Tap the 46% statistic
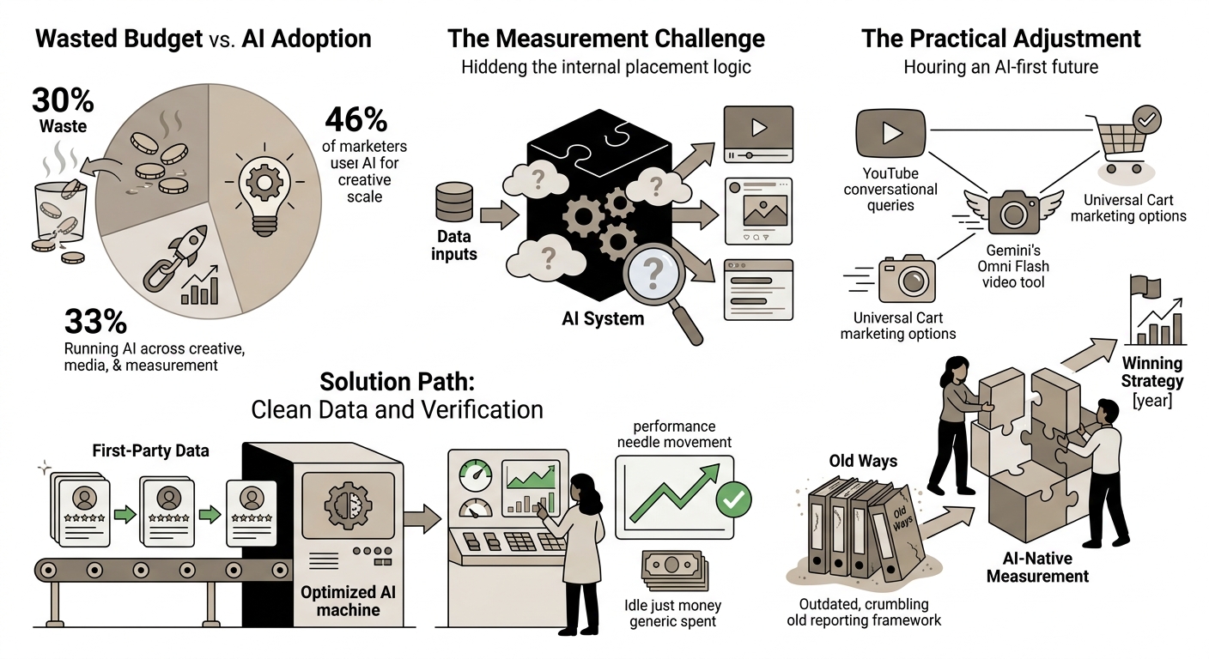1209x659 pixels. pyautogui.click(x=356, y=120)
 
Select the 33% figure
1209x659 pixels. pyautogui.click(x=95, y=322)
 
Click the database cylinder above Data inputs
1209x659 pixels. pyautogui.click(x=454, y=202)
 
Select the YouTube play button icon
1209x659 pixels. pyautogui.click(x=890, y=133)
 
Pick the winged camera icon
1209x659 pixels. pyautogui.click(x=1013, y=211)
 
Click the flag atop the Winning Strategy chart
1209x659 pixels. pyautogui.click(x=1145, y=286)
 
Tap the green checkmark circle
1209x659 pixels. pyautogui.click(x=733, y=499)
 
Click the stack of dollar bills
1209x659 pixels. pyautogui.click(x=674, y=570)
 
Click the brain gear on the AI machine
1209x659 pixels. pyautogui.click(x=349, y=505)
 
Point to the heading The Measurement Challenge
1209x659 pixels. pyautogui.click(x=605, y=39)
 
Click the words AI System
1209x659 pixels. pyautogui.click(x=603, y=318)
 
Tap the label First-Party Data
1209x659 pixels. pyautogui.click(x=150, y=450)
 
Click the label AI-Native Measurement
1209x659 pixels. pyautogui.click(x=1037, y=567)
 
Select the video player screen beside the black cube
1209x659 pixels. pyautogui.click(x=758, y=134)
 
